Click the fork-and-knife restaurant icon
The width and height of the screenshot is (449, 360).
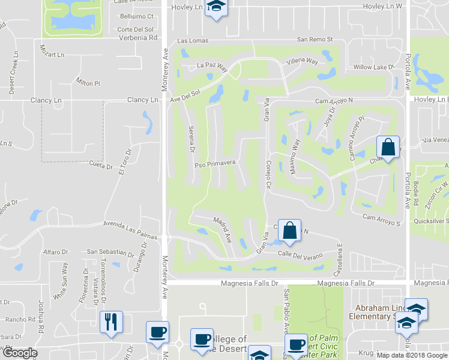(x=111, y=322)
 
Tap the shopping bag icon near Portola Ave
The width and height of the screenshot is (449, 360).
(x=388, y=147)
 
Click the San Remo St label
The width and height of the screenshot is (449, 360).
(x=315, y=40)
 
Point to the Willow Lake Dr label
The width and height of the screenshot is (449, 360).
(x=373, y=67)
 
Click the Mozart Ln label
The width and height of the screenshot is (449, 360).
(x=52, y=55)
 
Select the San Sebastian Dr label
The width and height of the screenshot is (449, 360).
(x=111, y=251)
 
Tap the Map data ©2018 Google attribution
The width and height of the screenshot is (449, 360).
(x=411, y=355)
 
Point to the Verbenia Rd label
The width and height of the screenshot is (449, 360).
(x=137, y=37)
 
